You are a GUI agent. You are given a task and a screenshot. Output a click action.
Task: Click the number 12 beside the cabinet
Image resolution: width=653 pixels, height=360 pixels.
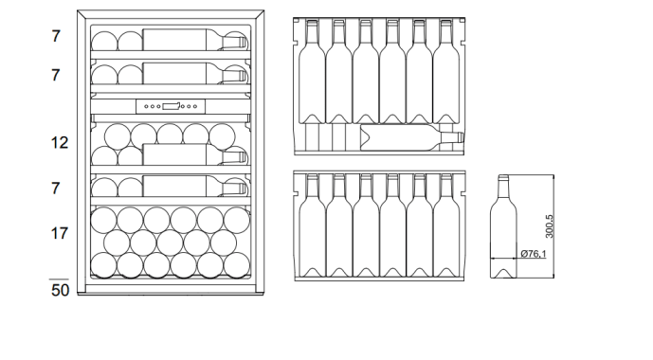coord(59,143)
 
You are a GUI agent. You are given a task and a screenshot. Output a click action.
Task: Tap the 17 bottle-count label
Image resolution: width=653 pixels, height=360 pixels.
coord(59,231)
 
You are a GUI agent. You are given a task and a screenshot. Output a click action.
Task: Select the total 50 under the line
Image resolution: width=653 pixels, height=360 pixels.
coord(59,290)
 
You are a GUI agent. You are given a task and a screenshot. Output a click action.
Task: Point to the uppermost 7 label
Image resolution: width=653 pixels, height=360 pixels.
coord(57,36)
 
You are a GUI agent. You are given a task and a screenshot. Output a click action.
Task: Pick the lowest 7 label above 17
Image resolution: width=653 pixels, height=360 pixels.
coord(57,188)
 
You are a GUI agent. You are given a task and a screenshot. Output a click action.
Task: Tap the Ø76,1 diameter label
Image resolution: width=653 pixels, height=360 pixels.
coord(533,254)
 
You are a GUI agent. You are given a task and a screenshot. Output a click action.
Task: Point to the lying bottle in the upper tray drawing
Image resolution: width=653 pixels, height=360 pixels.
coord(403,138)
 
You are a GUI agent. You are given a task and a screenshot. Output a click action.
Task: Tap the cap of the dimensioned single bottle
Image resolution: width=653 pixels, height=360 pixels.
coord(503,178)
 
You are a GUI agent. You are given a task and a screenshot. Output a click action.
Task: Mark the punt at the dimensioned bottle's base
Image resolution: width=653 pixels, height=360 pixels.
coord(503,274)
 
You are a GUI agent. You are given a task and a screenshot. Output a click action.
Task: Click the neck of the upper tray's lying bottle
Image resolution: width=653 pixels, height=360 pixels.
coord(449,138)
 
